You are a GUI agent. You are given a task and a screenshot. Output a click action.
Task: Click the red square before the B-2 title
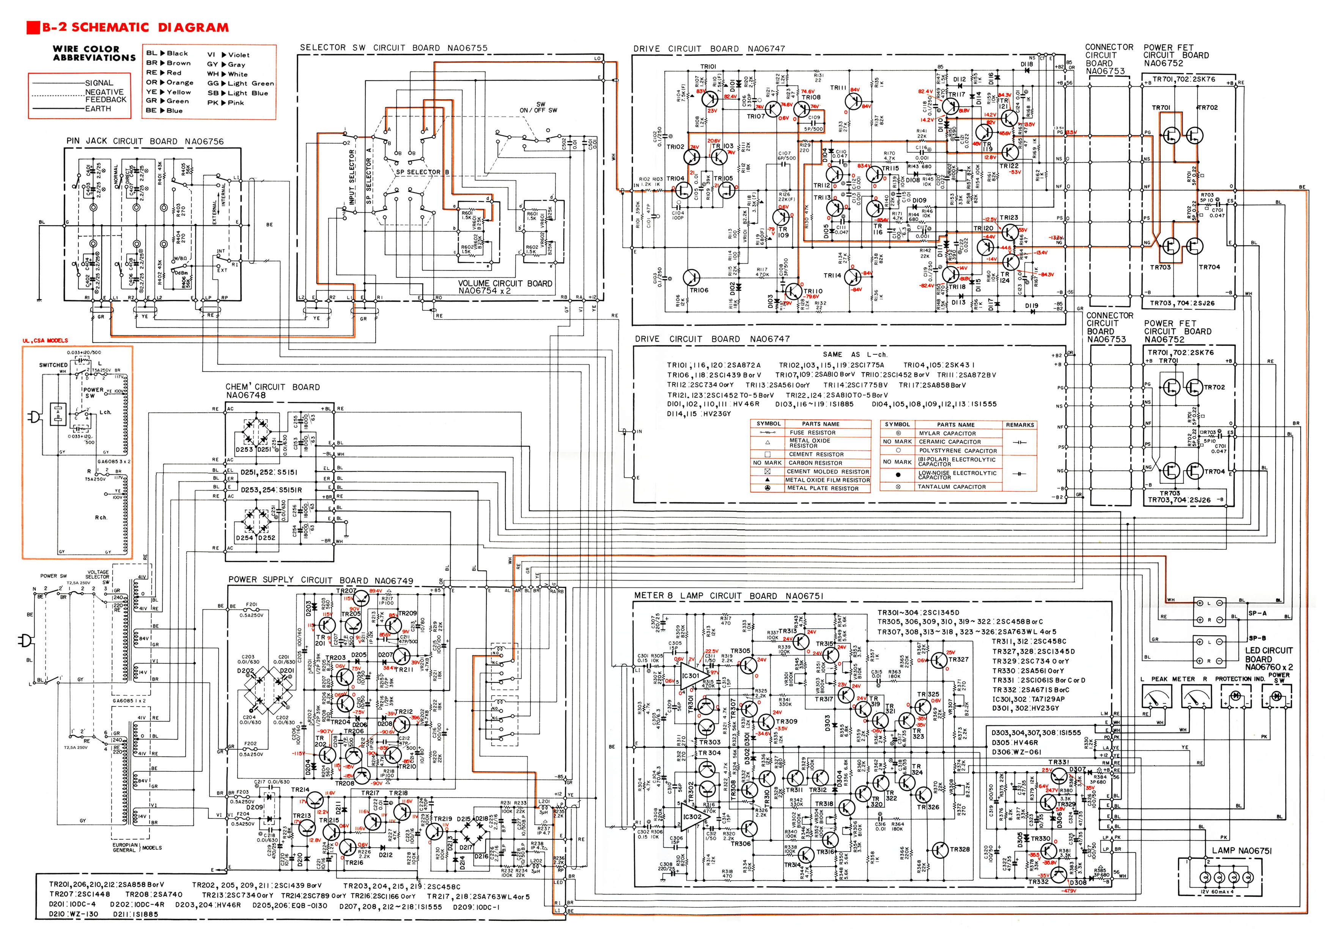(x=33, y=27)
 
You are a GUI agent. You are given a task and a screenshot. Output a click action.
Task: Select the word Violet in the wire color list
(x=238, y=55)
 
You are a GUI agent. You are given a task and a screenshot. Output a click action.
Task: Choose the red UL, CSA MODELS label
(x=45, y=340)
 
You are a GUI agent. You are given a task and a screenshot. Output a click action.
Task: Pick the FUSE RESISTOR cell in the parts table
(x=812, y=433)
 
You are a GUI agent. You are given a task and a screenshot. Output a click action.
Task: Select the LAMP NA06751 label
(x=1241, y=851)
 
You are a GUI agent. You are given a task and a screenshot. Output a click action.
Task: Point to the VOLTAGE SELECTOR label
(x=98, y=574)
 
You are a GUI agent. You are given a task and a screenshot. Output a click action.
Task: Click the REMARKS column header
(x=1020, y=425)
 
